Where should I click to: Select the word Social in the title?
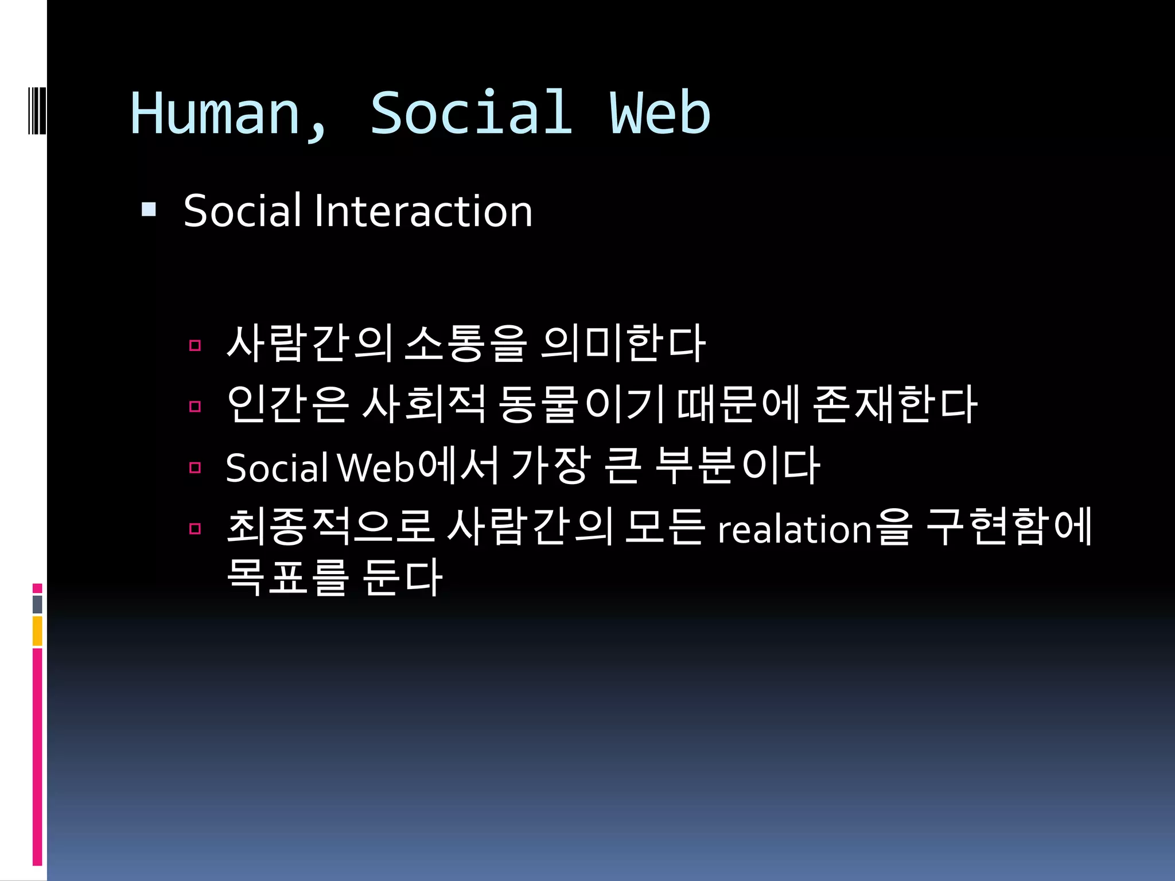(x=471, y=113)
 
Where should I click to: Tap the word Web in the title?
(x=660, y=113)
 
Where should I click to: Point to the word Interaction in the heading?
(x=423, y=211)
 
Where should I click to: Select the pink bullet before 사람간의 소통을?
(x=195, y=345)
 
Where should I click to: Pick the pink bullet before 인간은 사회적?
(x=195, y=407)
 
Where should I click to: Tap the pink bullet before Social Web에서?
(x=195, y=467)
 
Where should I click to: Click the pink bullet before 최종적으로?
(x=195, y=528)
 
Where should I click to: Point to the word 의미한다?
(x=623, y=344)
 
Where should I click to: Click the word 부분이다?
(x=737, y=465)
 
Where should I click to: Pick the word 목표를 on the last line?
(x=287, y=576)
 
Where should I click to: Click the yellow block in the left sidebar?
(x=37, y=630)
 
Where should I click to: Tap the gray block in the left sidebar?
(x=37, y=604)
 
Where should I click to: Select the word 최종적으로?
(x=329, y=527)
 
